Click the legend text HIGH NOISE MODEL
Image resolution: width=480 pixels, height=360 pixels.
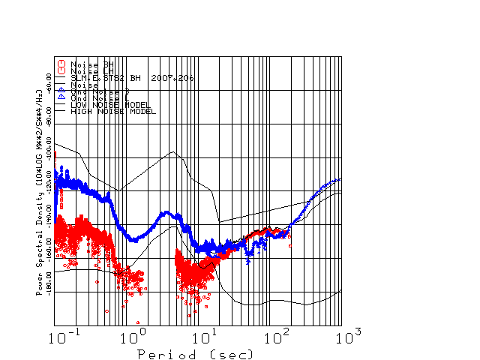(113, 112)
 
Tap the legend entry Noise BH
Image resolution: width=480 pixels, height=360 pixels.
(92, 64)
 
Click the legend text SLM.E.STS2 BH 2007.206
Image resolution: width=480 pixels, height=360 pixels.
(132, 78)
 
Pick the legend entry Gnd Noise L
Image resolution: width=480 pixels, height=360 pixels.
(97, 98)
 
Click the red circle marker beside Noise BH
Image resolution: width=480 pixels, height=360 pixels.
(62, 64)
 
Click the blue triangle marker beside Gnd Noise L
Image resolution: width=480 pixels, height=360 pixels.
(62, 98)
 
